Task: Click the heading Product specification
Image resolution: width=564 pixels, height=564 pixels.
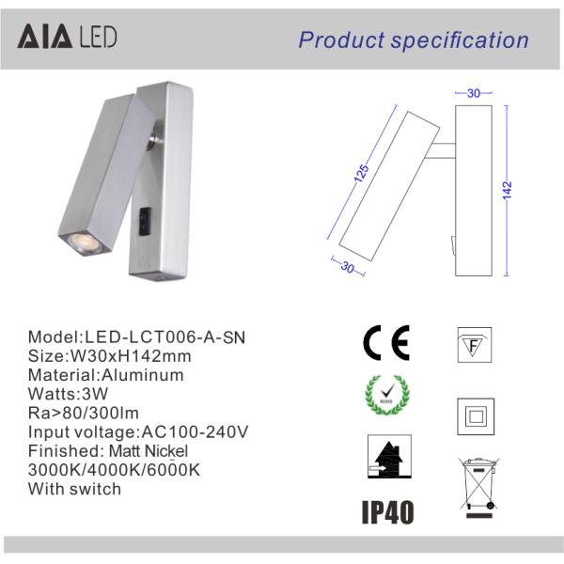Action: pyautogui.click(x=414, y=39)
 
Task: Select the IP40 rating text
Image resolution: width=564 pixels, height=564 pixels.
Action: pyautogui.click(x=385, y=511)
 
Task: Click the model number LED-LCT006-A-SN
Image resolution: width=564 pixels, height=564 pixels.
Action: pyautogui.click(x=169, y=337)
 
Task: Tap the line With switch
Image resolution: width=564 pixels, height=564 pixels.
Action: pyautogui.click(x=74, y=488)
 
